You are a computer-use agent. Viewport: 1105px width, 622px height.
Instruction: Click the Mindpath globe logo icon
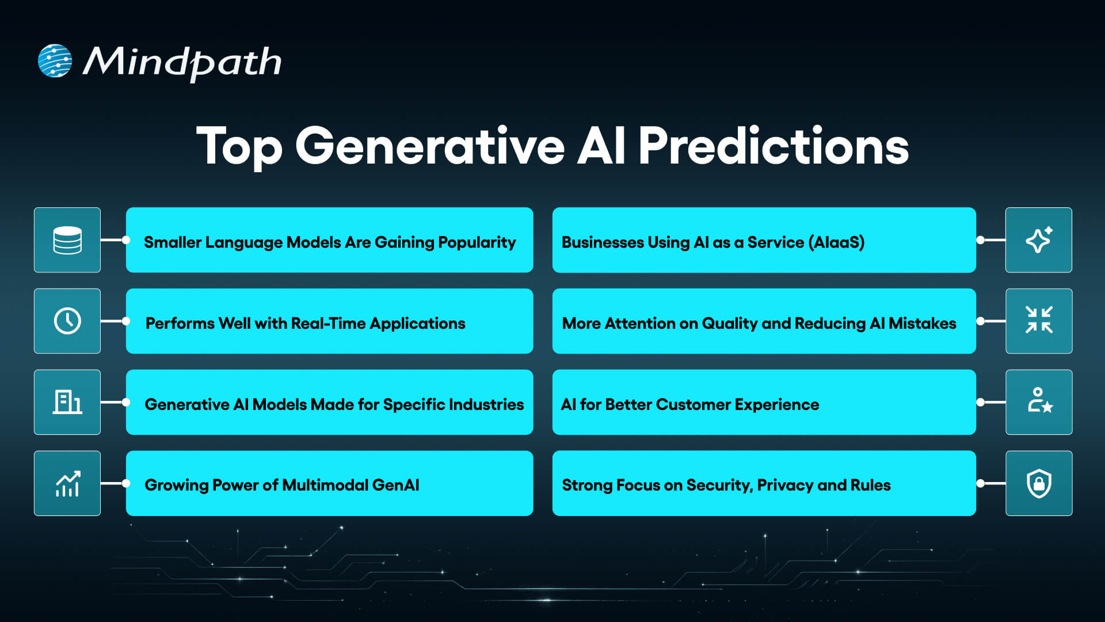(x=55, y=60)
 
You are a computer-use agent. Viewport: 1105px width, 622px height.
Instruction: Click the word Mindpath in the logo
(x=182, y=62)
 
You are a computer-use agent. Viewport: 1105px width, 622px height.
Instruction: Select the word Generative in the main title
(x=429, y=146)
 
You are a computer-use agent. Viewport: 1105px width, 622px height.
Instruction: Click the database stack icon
(x=67, y=240)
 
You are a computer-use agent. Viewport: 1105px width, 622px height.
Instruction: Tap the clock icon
(x=67, y=321)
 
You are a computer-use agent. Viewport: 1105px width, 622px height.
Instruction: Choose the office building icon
(x=67, y=402)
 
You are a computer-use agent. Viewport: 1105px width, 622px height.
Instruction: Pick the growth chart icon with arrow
(x=67, y=484)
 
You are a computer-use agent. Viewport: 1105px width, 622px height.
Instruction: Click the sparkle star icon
(x=1038, y=240)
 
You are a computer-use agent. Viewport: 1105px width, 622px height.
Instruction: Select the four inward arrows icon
(x=1038, y=320)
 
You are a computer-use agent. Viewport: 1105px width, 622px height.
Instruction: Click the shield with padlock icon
(x=1039, y=484)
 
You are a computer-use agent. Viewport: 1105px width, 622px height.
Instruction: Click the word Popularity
(x=477, y=242)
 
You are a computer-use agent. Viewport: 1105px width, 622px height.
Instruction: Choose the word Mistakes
(x=922, y=324)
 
